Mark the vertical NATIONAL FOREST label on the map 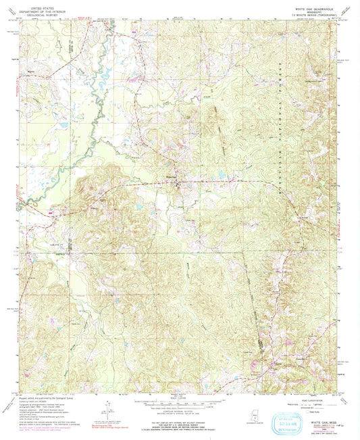point(278,115)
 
